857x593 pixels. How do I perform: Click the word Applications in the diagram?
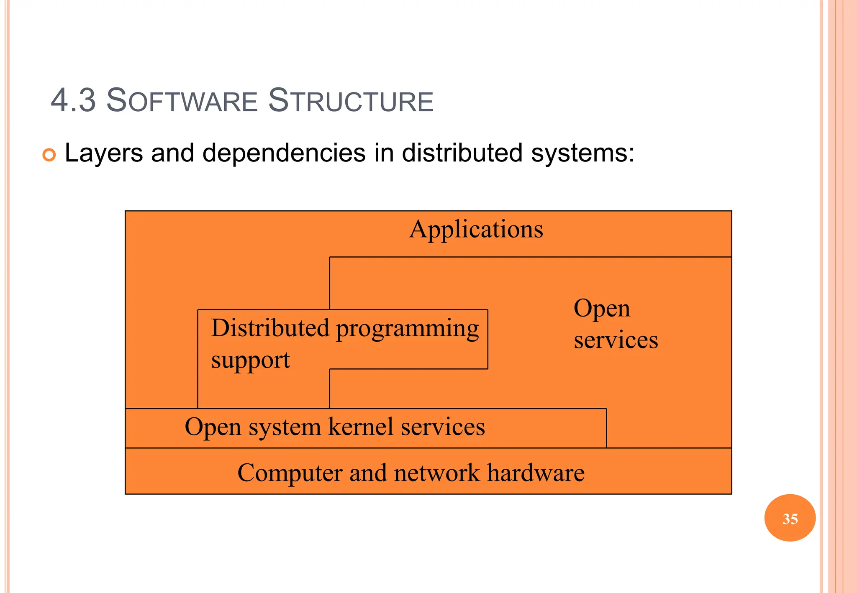click(476, 230)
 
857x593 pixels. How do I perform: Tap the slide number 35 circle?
click(790, 518)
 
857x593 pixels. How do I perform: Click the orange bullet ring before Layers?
click(49, 155)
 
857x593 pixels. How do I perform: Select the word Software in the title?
click(182, 100)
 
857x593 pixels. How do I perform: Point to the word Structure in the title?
click(351, 100)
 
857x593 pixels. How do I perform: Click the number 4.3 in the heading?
click(73, 100)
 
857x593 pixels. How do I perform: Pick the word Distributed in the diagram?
click(270, 328)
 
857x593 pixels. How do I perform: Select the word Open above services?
click(602, 309)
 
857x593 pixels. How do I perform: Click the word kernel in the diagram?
click(361, 427)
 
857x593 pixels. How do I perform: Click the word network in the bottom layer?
click(436, 473)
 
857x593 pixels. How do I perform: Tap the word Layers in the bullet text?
click(104, 153)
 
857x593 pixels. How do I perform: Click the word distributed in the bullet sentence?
click(462, 153)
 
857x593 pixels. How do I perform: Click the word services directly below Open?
click(616, 340)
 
